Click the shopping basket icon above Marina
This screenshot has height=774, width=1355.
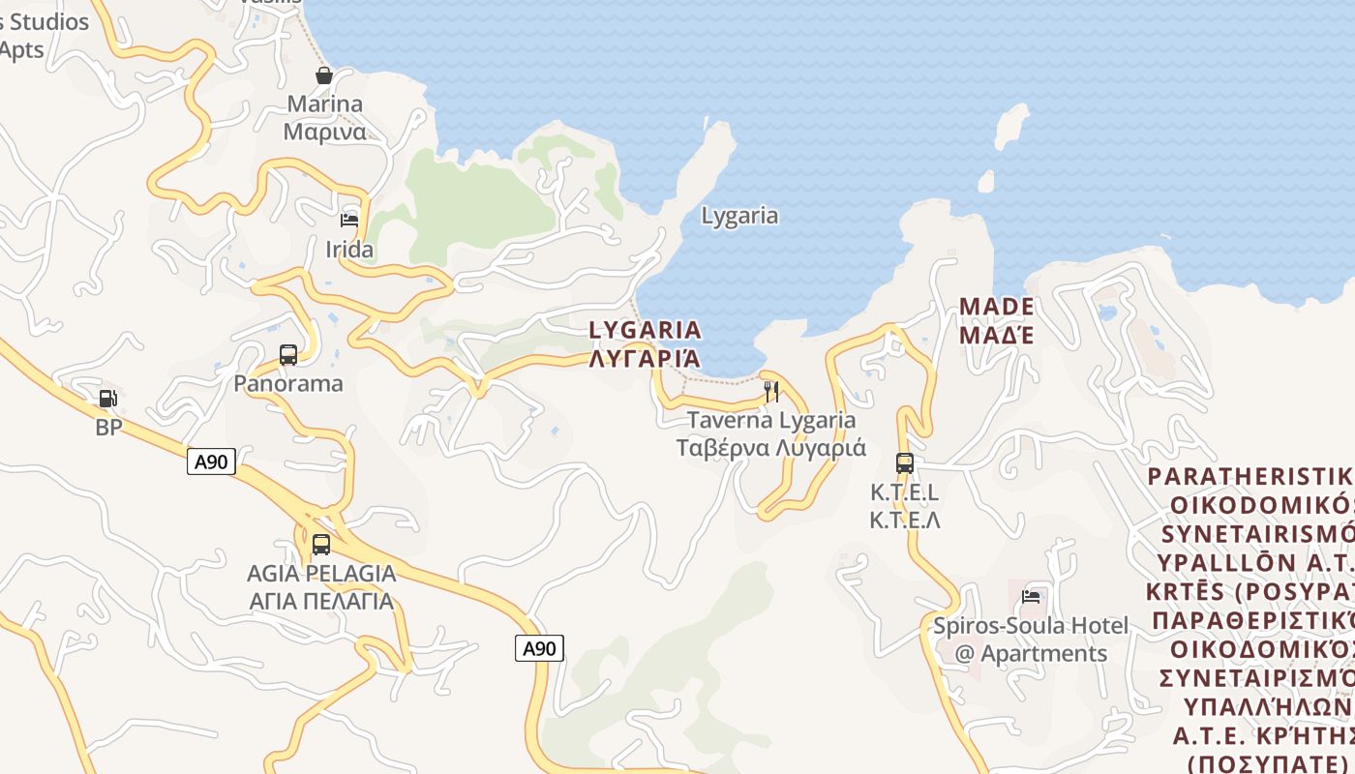tap(324, 75)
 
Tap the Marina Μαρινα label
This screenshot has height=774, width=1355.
tap(324, 118)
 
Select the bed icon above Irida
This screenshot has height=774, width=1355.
tap(349, 222)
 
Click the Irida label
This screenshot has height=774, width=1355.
tap(349, 250)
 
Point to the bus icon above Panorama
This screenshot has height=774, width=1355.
tap(288, 355)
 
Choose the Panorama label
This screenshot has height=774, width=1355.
tap(288, 383)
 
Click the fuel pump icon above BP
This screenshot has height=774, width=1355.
tap(108, 399)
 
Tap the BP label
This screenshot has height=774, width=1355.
tap(108, 427)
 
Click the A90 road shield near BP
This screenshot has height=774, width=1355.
tap(211, 461)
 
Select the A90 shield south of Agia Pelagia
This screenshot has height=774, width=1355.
tap(539, 648)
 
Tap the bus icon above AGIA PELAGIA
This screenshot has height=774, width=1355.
tap(321, 545)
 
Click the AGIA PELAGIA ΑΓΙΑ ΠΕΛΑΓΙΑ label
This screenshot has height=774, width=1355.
tap(321, 587)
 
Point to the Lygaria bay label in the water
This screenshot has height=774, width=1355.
tap(739, 216)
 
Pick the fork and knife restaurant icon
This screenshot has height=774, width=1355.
tap(771, 392)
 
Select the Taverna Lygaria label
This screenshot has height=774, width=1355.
tap(771, 434)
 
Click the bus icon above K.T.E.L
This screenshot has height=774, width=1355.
tap(905, 463)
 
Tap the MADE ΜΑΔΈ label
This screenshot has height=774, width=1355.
tap(997, 321)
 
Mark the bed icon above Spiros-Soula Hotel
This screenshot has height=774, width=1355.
tap(1031, 597)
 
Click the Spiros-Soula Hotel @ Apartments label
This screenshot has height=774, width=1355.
tap(1031, 640)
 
